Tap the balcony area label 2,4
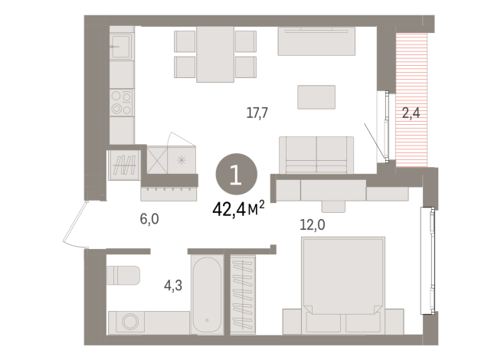point(411,113)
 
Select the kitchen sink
point(121,47)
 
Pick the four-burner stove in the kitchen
point(121,102)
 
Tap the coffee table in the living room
point(316,96)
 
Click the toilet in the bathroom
point(123,274)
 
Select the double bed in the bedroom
point(342,280)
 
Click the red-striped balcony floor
point(411,77)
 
